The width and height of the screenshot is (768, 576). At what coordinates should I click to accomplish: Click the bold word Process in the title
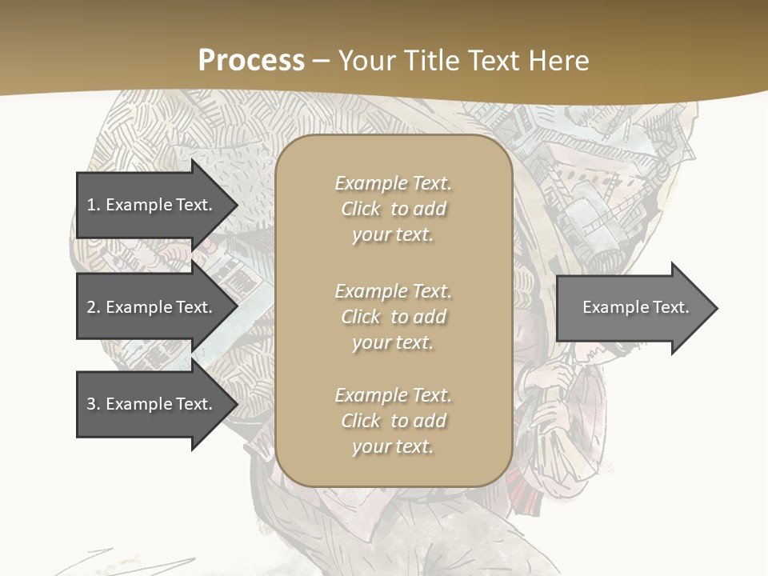point(251,60)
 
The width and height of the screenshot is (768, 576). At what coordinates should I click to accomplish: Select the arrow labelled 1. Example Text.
point(152,205)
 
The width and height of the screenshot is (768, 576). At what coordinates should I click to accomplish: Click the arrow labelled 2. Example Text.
point(152,307)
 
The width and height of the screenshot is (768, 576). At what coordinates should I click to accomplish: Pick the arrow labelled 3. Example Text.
point(152,404)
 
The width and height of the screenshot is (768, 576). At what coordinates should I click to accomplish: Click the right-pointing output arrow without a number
point(632,307)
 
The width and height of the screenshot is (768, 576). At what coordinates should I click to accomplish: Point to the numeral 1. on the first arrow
point(94,205)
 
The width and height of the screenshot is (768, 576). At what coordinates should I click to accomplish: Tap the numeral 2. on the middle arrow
point(94,307)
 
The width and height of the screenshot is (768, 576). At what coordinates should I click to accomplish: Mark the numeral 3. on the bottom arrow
point(94,404)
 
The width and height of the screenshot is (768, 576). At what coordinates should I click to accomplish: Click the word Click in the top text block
point(361,209)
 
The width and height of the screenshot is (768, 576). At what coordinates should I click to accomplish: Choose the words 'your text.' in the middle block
point(393,342)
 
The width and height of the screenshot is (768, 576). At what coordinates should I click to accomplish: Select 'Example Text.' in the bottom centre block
point(393,395)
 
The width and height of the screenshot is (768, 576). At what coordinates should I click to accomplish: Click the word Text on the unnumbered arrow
point(671,307)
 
